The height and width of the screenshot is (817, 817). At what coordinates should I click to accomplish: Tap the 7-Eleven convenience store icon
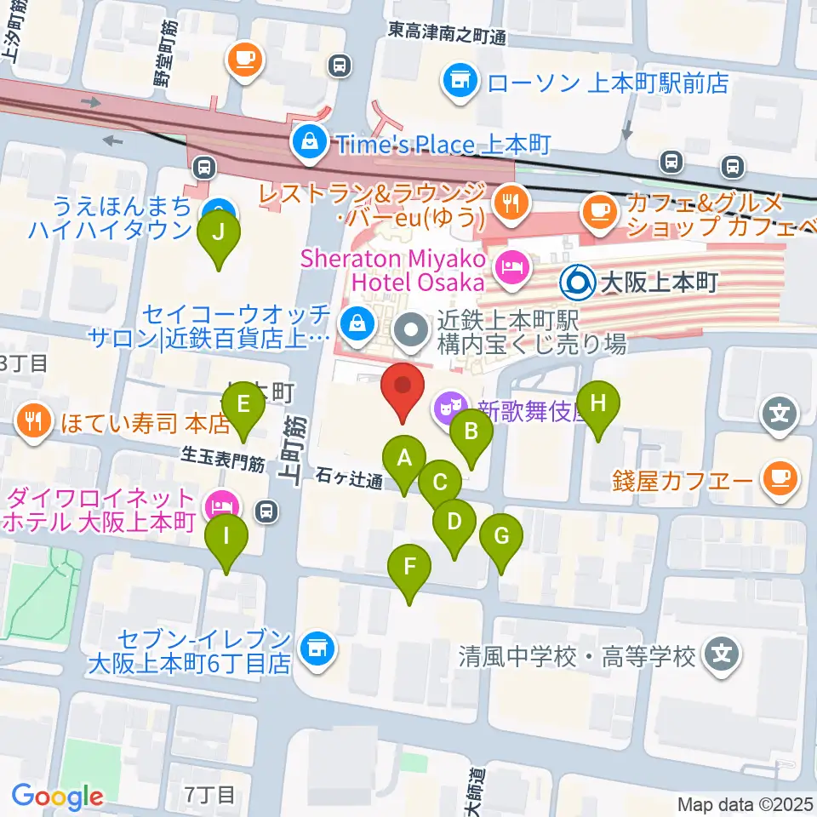[317, 651]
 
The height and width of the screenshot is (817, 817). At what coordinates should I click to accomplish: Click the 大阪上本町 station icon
[578, 280]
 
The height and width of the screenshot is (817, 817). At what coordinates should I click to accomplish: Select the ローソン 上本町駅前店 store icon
[460, 83]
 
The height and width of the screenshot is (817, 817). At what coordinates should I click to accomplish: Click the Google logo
[57, 796]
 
